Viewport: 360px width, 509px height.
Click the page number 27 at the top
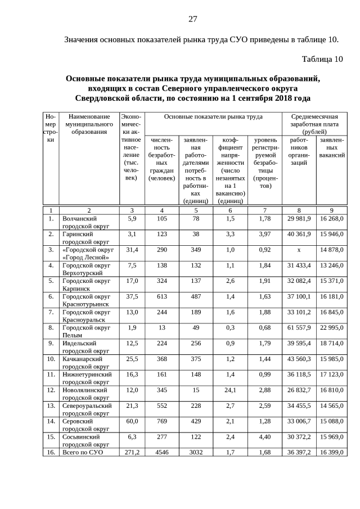click(x=192, y=19)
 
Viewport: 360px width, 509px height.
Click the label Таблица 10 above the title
click(x=322, y=59)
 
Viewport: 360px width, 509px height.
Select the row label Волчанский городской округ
click(x=81, y=222)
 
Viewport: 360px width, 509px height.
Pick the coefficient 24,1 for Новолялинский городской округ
click(x=229, y=390)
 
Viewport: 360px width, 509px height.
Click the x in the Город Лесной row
click(x=299, y=249)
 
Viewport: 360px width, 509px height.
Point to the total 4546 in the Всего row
click(x=162, y=452)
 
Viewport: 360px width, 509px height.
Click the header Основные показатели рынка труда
click(x=213, y=116)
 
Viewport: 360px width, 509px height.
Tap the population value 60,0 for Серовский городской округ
click(x=132, y=421)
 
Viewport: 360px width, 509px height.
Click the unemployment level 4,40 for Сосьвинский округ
click(x=265, y=436)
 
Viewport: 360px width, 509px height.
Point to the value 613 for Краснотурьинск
click(x=162, y=296)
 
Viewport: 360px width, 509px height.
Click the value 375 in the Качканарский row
click(x=196, y=358)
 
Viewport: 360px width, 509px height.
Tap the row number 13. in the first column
click(x=51, y=405)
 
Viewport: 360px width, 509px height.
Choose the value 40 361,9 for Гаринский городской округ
click(x=299, y=233)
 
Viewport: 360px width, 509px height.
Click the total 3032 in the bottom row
click(x=196, y=452)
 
